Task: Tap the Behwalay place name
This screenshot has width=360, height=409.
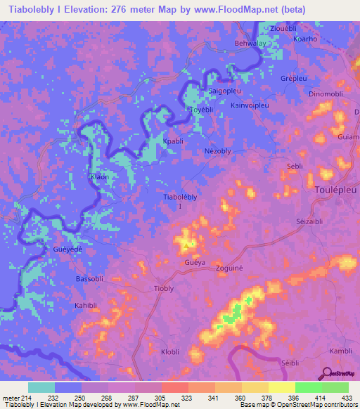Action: (250, 43)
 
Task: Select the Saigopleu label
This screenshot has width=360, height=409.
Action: (223, 91)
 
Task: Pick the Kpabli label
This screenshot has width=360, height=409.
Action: (173, 141)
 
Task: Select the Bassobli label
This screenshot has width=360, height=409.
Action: (89, 279)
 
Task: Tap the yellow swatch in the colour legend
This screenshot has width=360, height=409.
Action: (281, 387)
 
